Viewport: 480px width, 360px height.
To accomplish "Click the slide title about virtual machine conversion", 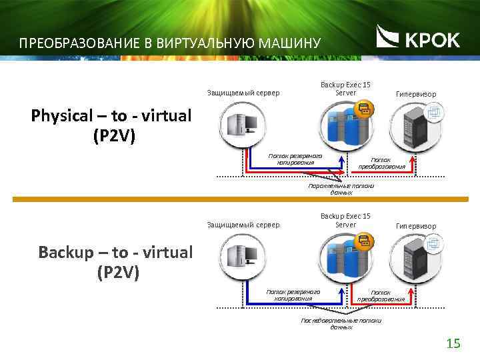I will pyautogui.click(x=170, y=44).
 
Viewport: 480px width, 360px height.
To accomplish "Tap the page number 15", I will pyautogui.click(x=453, y=343).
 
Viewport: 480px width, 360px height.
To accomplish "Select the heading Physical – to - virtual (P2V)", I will pyautogui.click(x=111, y=125).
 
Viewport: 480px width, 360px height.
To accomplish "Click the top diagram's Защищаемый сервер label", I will pyautogui.click(x=243, y=93).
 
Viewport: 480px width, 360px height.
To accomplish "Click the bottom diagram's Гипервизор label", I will pyautogui.click(x=416, y=226).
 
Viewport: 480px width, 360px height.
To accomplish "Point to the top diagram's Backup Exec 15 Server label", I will pyautogui.click(x=345, y=89).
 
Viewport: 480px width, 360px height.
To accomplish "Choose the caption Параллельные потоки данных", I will pyautogui.click(x=341, y=189).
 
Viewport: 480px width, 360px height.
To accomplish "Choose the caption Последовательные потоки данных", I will pyautogui.click(x=341, y=324).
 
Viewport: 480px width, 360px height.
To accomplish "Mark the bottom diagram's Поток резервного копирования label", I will pyautogui.click(x=293, y=295).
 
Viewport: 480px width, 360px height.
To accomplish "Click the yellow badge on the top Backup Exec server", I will pyautogui.click(x=365, y=109).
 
